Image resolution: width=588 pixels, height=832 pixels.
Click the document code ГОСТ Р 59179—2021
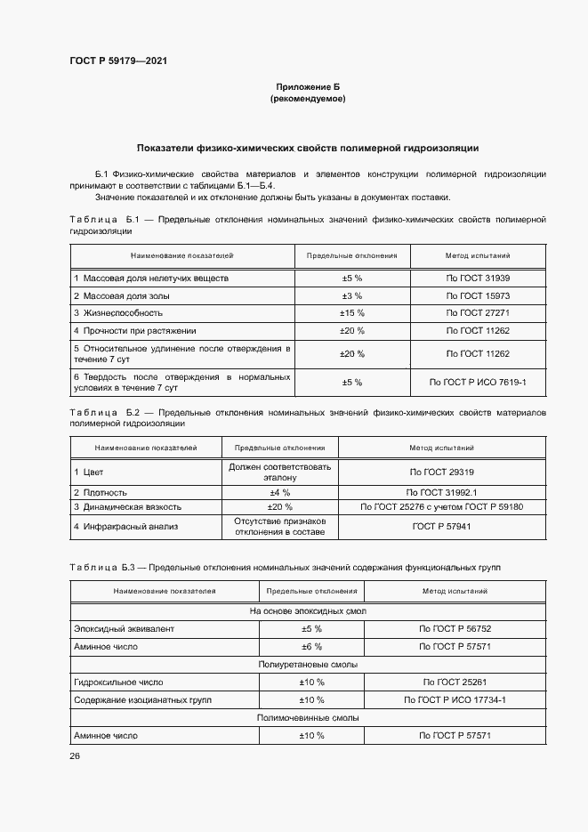tap(118, 61)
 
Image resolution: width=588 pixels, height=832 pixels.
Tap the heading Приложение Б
tap(307, 86)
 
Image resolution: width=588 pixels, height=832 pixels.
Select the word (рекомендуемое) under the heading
tap(307, 99)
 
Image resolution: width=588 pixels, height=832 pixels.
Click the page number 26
tap(74, 755)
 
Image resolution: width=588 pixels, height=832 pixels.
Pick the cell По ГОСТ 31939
tap(478, 279)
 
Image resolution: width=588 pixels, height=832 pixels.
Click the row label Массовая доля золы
tap(121, 295)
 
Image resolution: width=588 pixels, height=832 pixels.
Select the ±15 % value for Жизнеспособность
tap(352, 313)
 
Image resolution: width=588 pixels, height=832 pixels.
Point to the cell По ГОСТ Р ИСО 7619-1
tap(478, 382)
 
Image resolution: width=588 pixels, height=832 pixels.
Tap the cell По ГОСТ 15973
tap(478, 295)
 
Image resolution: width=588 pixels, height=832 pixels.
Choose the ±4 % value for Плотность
tap(280, 492)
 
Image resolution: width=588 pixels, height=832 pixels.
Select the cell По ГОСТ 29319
tap(441, 473)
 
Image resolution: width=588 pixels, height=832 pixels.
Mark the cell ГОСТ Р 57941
tap(441, 526)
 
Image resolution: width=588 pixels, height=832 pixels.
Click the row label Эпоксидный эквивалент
tap(125, 629)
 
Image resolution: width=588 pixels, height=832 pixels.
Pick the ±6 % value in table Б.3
tap(311, 647)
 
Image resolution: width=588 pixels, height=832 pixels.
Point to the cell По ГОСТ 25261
tap(455, 683)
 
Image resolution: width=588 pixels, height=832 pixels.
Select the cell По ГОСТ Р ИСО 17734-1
tap(455, 700)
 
